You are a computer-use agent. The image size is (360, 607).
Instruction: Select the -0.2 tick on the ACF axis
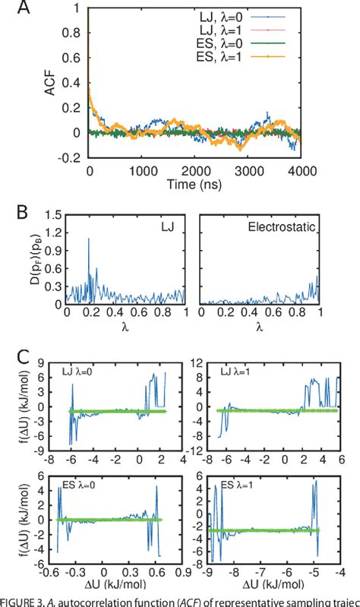tap(75, 159)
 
